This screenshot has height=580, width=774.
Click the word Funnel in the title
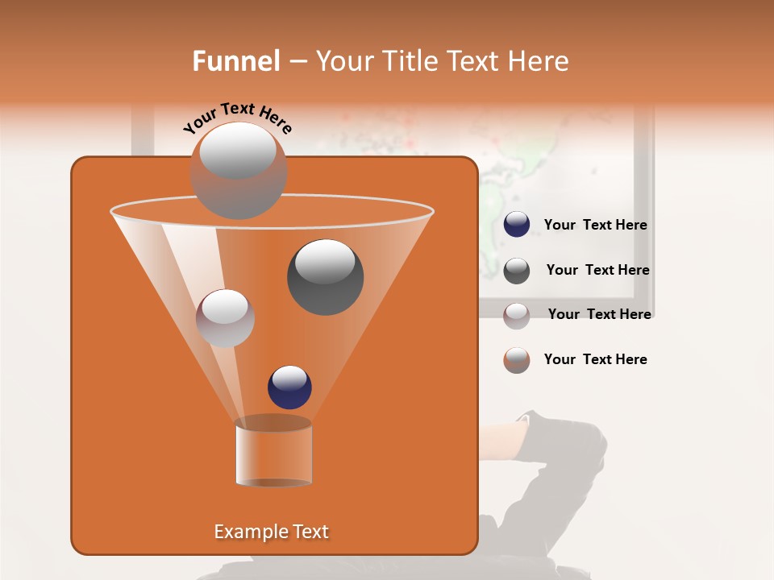(x=235, y=61)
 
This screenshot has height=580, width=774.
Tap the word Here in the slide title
(x=539, y=61)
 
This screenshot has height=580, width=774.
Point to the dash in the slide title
(x=298, y=62)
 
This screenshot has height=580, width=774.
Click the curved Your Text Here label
(x=237, y=117)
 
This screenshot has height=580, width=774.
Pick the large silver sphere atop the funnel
(x=239, y=170)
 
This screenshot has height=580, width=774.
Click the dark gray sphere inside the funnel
(x=326, y=276)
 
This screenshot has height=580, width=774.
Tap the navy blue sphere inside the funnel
(x=289, y=387)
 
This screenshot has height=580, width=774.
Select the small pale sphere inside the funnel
(x=225, y=318)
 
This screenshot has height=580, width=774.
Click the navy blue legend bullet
(x=517, y=225)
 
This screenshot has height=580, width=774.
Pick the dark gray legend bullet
(x=517, y=271)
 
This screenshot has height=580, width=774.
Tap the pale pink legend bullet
(x=517, y=315)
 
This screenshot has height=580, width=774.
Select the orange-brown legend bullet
(x=517, y=360)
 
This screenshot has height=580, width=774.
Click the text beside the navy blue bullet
(x=595, y=225)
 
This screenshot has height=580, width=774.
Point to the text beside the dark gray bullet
(x=597, y=270)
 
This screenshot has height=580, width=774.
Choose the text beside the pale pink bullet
(x=599, y=314)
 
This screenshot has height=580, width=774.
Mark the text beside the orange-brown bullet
(x=595, y=359)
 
